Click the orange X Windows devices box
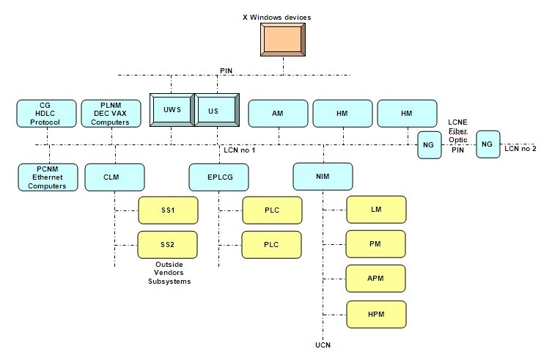pos(282,40)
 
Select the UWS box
pos(172,110)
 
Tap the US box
pos(217,110)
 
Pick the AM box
pos(278,114)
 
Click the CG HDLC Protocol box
pos(47,114)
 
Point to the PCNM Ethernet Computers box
pos(47,177)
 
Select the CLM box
pos(114,177)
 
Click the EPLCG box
pos(218,177)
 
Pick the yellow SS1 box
pos(168,210)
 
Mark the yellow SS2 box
pos(168,244)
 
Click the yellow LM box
pos(375,210)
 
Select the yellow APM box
pos(375,279)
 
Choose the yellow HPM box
pos(375,314)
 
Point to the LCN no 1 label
pos(239,151)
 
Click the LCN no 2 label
pos(520,149)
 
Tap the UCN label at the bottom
pos(323,345)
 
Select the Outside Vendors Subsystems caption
pos(170,273)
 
